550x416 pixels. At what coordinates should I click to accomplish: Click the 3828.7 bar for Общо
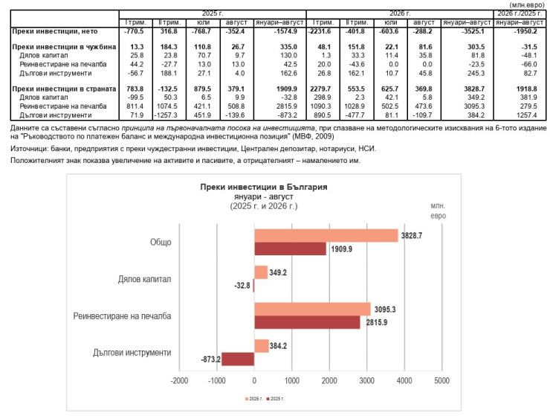click(326, 236)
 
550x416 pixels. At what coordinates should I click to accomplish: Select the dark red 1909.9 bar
click(291, 249)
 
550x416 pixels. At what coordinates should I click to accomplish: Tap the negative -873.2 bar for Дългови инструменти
click(238, 359)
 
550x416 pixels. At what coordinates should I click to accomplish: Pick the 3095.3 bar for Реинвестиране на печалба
click(312, 309)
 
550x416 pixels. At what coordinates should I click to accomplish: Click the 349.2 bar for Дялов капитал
click(261, 272)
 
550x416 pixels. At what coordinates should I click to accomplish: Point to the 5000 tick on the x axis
click(441, 380)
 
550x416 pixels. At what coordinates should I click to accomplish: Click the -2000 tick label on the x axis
click(179, 380)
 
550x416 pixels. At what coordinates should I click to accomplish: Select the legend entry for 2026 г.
click(254, 399)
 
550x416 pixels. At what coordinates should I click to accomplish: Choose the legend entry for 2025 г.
click(276, 399)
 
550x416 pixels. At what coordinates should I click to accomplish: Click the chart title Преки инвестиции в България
click(264, 187)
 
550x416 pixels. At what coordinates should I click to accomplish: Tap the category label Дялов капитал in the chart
click(144, 279)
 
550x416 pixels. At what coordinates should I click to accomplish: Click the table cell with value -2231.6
click(320, 31)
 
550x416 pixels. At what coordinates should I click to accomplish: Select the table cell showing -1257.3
click(166, 115)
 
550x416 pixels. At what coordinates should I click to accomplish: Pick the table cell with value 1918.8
click(526, 89)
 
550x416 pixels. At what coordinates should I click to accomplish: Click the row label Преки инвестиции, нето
click(55, 31)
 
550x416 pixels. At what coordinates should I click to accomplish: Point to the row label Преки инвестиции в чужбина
click(64, 47)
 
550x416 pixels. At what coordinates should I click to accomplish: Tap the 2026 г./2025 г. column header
click(520, 13)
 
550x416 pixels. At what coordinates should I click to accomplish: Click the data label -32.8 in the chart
click(242, 285)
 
